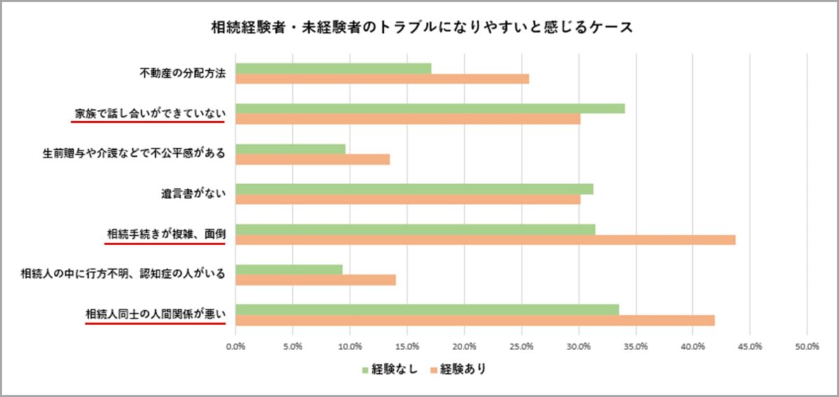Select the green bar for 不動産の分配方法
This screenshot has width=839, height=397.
[x=334, y=69]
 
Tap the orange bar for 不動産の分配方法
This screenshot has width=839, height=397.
[x=382, y=79]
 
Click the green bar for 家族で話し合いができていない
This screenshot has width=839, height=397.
[x=430, y=109]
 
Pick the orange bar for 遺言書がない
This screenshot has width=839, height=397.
[x=408, y=200]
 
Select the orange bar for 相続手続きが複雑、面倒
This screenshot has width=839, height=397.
[x=485, y=239]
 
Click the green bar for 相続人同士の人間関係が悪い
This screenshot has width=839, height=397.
[x=427, y=309]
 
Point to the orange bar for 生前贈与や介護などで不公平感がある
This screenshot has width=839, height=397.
[x=313, y=159]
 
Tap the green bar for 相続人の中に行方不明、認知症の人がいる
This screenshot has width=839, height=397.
[x=289, y=270]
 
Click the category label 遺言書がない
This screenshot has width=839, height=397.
[x=193, y=194]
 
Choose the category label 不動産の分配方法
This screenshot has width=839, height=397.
[x=183, y=74]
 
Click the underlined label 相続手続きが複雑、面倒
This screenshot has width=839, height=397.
[x=166, y=233]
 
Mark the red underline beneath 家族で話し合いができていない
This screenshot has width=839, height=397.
[x=148, y=121]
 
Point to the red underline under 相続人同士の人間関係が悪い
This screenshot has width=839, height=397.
[x=155, y=324]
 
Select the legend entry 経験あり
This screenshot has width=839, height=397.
[x=457, y=369]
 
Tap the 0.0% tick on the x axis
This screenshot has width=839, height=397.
[x=236, y=346]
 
